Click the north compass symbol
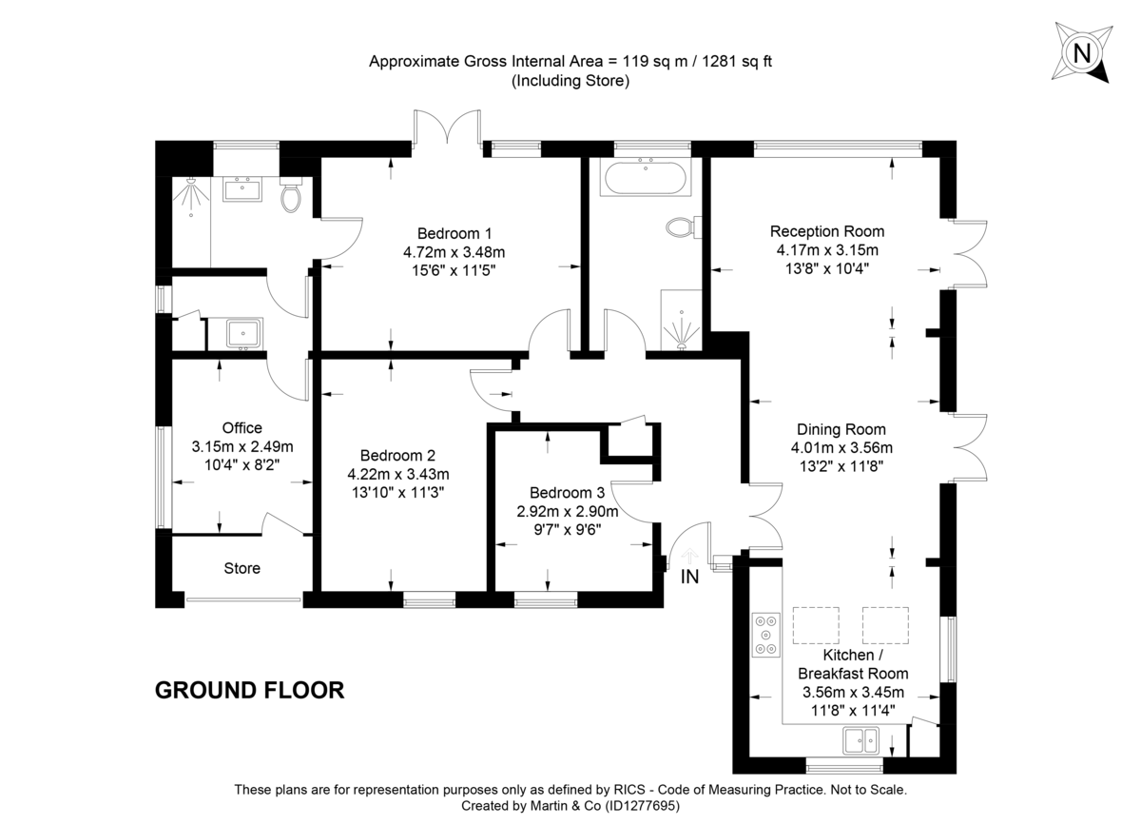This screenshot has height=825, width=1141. (1081, 52)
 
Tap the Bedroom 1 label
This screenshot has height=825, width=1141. (454, 233)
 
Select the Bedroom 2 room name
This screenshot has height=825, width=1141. (398, 455)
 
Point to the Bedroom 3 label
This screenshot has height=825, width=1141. (567, 493)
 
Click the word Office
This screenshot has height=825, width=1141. (242, 428)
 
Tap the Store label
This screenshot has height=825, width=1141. (242, 568)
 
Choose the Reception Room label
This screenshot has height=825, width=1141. (826, 231)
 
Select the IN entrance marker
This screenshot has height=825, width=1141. (690, 576)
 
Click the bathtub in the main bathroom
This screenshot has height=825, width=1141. (647, 178)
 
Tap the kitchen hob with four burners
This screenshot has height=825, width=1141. (765, 635)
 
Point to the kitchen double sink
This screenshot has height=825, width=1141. (862, 739)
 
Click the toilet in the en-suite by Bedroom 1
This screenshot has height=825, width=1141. (292, 198)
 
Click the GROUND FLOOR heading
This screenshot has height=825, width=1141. (249, 690)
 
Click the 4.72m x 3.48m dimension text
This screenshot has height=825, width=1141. (454, 252)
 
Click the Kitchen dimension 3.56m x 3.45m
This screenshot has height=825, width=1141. (853, 692)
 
